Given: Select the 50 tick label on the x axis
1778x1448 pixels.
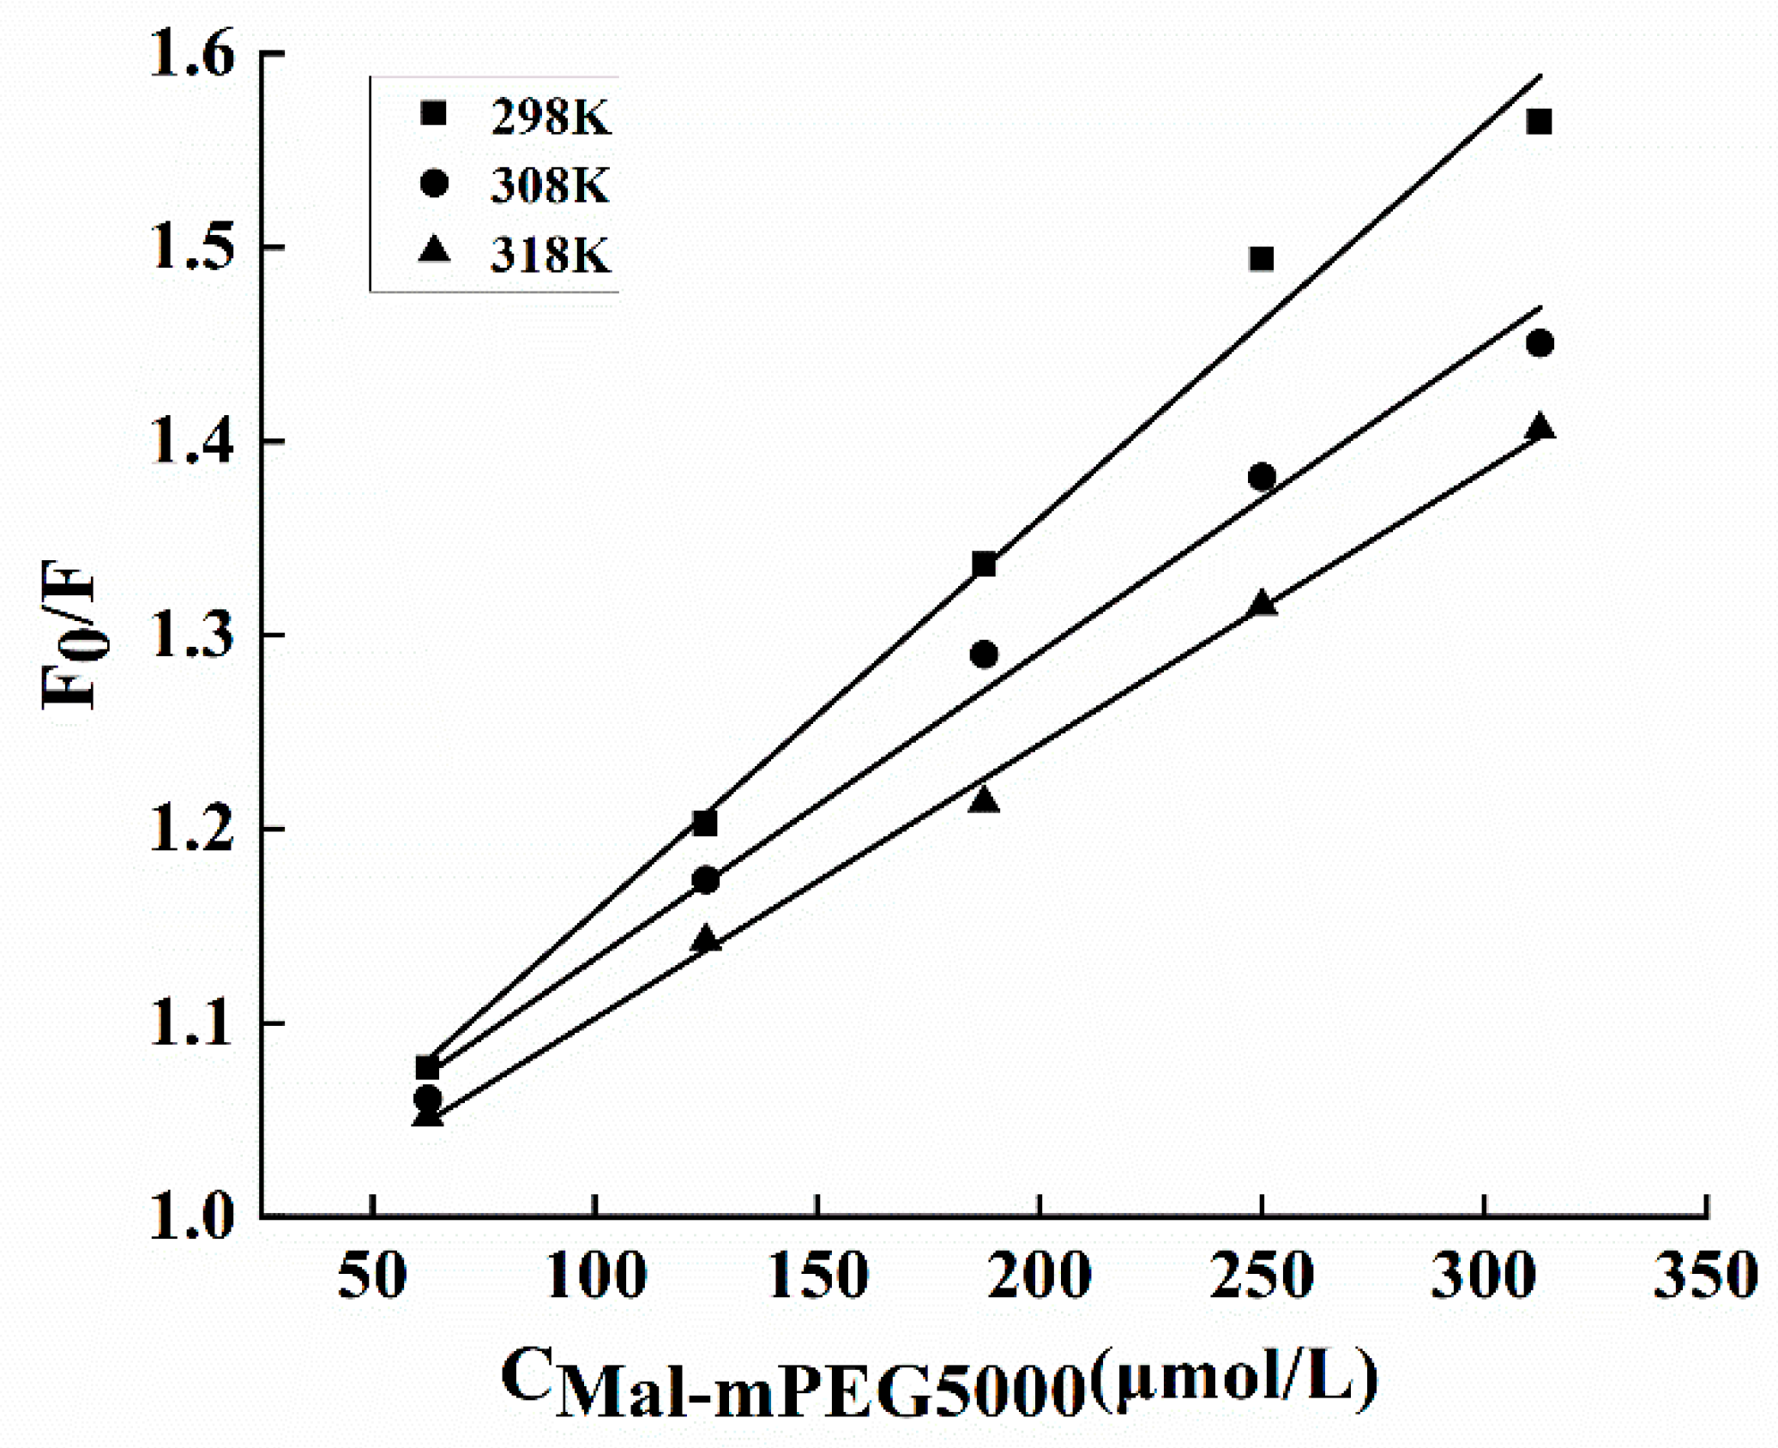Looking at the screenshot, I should [x=372, y=1276].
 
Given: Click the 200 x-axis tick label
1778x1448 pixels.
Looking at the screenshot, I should [x=1040, y=1276].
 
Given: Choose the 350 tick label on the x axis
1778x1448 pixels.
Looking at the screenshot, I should [x=1706, y=1276].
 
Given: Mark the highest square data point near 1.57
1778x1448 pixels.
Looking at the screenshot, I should [x=1540, y=122].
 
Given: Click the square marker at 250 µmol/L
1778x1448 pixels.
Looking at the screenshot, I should [x=1262, y=258].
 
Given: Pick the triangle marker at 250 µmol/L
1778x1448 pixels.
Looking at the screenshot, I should [x=1262, y=603].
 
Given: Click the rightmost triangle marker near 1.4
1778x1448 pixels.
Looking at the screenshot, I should [x=1540, y=426].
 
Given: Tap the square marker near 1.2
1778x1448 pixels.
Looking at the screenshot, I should [x=705, y=824].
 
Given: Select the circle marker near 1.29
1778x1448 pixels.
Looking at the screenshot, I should [x=985, y=655].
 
